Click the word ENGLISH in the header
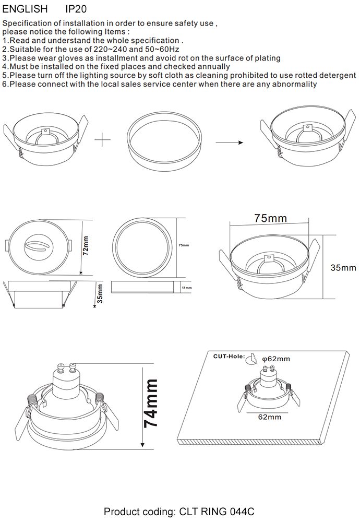(x=25, y=9)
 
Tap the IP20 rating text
(x=76, y=9)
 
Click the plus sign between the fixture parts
(x=103, y=139)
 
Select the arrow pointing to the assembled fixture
(x=230, y=143)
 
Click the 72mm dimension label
(x=86, y=246)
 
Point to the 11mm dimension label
(x=187, y=288)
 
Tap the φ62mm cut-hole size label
(x=276, y=359)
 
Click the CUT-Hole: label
(x=229, y=357)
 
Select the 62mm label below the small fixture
(x=270, y=417)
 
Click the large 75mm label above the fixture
(x=270, y=218)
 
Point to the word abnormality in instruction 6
(x=294, y=84)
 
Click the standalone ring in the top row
(x=164, y=141)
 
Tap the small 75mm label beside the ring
(x=184, y=245)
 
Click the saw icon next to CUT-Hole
(x=252, y=359)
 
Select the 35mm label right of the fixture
(x=343, y=268)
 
